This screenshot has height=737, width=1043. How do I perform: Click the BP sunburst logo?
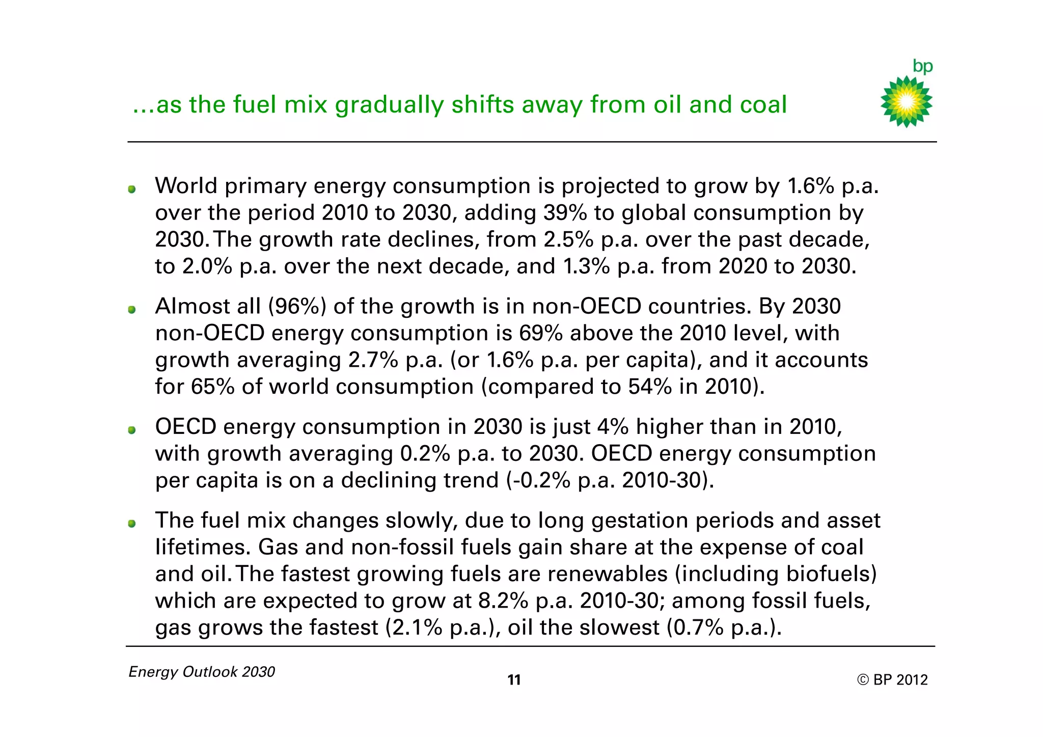click(x=906, y=102)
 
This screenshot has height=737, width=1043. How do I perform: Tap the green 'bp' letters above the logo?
click(x=922, y=67)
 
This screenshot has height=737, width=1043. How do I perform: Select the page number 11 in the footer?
click(x=514, y=680)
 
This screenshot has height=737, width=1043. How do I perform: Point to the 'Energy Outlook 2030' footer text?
click(x=202, y=672)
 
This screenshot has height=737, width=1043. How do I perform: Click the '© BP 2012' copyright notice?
click(x=892, y=680)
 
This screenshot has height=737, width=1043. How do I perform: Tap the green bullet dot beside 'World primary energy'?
click(x=132, y=189)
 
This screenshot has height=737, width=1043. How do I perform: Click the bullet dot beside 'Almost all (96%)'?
click(x=132, y=310)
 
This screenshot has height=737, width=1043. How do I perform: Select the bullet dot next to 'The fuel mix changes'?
click(x=132, y=524)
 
